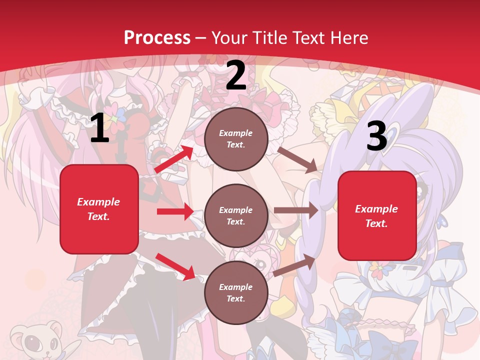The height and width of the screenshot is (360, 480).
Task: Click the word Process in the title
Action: click(x=157, y=38)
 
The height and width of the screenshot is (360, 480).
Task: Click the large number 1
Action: click(x=99, y=128)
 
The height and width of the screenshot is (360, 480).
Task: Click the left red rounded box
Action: click(x=99, y=209)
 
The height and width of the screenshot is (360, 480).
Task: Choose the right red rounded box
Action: click(x=377, y=216)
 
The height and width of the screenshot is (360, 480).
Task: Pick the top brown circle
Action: click(x=236, y=139)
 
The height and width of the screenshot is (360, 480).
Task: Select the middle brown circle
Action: click(x=236, y=215)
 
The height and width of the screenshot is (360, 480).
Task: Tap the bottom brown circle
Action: click(x=236, y=292)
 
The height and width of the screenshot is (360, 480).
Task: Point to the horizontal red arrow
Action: click(x=175, y=211)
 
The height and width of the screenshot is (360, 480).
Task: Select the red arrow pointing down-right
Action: click(x=175, y=266)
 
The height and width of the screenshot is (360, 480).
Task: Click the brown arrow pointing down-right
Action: click(x=297, y=159)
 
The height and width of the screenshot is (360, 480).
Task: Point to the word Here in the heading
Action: click(x=349, y=38)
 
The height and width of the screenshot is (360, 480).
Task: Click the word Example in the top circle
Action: click(x=235, y=133)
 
